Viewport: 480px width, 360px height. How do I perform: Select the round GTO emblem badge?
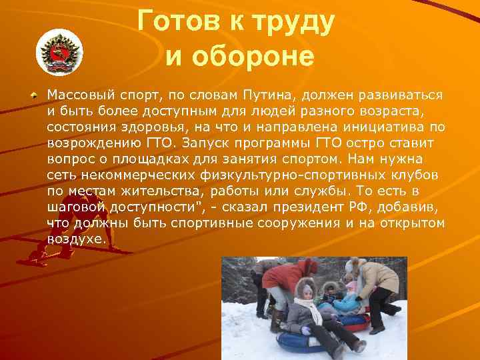pyautogui.click(x=58, y=51)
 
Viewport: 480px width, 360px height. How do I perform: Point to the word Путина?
pyautogui.click(x=282, y=95)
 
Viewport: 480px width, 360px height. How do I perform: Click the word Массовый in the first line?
pyautogui.click(x=79, y=95)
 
